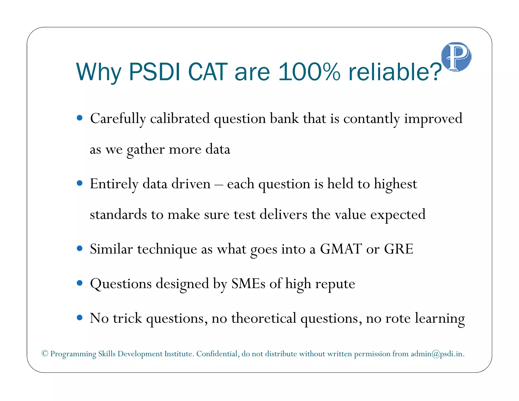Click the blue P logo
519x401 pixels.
pos(456,57)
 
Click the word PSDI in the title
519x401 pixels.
pos(154,72)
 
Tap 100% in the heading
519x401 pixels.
pos(309,72)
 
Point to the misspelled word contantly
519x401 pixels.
pos(372,119)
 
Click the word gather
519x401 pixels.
pos(146,150)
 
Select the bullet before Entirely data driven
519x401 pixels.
pos(80,183)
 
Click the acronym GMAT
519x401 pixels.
pos(341,249)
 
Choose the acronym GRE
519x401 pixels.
pos(399,249)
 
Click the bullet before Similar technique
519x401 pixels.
pos(80,248)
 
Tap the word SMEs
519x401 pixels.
pos(248,283)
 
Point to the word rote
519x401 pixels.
pos(398,319)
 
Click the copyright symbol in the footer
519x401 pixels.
pos(45,353)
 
